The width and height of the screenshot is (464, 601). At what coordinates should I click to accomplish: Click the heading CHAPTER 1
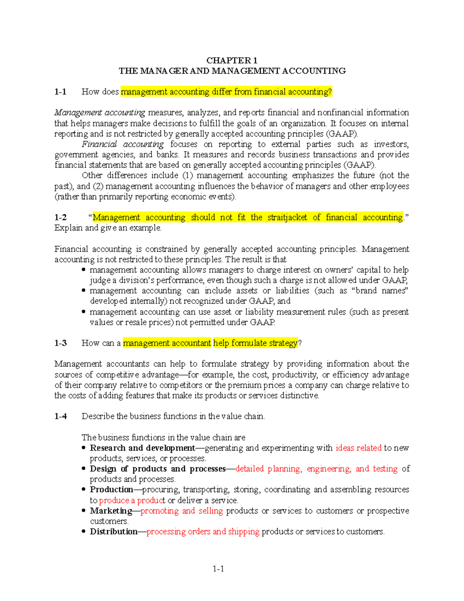coord(232,60)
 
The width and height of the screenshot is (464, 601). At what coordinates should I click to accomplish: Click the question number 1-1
coord(60,92)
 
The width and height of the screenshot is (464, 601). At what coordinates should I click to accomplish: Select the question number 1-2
coord(60,217)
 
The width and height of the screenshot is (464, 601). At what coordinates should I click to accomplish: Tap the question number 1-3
coord(61,343)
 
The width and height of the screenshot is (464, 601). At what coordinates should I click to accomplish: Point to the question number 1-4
coord(61,416)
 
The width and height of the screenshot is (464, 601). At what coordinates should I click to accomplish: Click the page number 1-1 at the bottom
coord(218,569)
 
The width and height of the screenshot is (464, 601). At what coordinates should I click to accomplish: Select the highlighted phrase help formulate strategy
coord(256,343)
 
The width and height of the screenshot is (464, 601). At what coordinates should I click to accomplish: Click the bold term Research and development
coord(142,448)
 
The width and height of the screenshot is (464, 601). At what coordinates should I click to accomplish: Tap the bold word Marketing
coord(111,511)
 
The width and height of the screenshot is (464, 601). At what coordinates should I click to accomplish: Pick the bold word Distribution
coord(114,532)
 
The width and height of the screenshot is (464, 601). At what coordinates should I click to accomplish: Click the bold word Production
coord(111,490)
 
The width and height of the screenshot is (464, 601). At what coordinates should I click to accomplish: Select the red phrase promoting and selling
coord(182,511)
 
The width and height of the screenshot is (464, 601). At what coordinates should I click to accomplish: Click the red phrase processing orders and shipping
coord(203,532)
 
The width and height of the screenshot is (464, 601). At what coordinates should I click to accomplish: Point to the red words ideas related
coord(358,448)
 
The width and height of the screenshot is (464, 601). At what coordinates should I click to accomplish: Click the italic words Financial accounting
coord(123,144)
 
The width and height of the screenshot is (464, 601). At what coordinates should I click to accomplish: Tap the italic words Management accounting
coord(100,113)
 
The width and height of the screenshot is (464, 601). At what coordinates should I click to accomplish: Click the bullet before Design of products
coord(84,469)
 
